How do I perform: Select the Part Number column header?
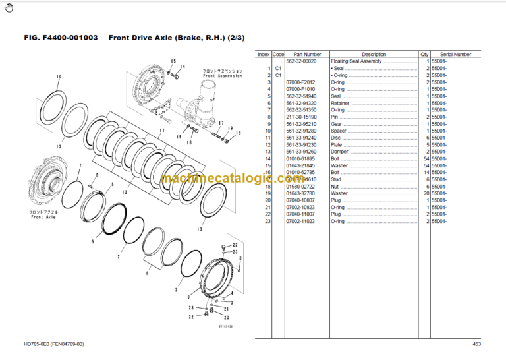click(307, 54)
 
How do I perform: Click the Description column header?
click(374, 54)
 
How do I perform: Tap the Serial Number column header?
click(455, 54)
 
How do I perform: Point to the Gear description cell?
click(336, 124)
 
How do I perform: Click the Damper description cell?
click(339, 152)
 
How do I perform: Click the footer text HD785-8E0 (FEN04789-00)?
click(55, 345)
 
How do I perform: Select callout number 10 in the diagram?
click(59, 77)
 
